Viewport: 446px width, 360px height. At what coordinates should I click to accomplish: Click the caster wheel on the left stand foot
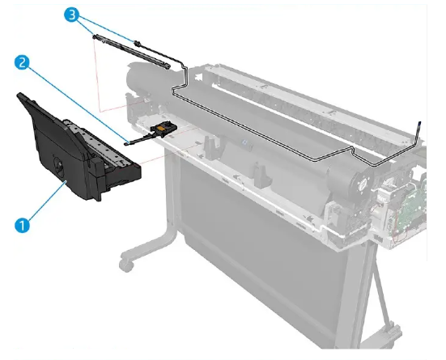[x=125, y=264]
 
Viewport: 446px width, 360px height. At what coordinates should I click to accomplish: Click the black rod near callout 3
[x=133, y=49]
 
